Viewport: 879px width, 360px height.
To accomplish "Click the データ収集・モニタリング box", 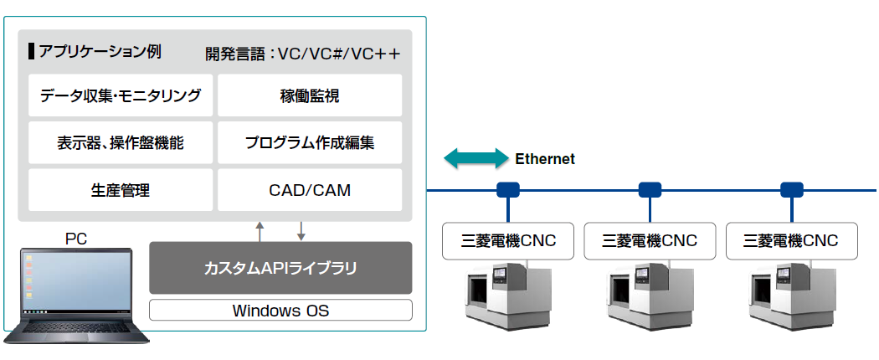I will click(x=121, y=95).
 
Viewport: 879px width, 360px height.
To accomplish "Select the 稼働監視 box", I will click(x=310, y=95).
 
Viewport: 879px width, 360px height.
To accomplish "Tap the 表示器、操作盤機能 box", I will click(x=121, y=143).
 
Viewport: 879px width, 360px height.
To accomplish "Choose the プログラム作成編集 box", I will click(x=310, y=143).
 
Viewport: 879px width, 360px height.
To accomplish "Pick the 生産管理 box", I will click(x=121, y=190).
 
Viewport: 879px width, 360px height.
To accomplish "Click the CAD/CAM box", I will click(x=310, y=190).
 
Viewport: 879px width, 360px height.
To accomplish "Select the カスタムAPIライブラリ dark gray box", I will click(x=280, y=268).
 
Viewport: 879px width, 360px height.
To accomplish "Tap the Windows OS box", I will click(x=280, y=311).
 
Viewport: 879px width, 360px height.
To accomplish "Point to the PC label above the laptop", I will click(x=76, y=239).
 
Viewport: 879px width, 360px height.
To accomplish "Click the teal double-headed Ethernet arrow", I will click(x=476, y=159).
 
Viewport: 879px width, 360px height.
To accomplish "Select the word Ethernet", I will click(x=545, y=159).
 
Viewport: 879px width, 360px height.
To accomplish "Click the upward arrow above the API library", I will click(x=260, y=231).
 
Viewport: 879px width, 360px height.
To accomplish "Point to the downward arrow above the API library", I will click(x=301, y=231).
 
